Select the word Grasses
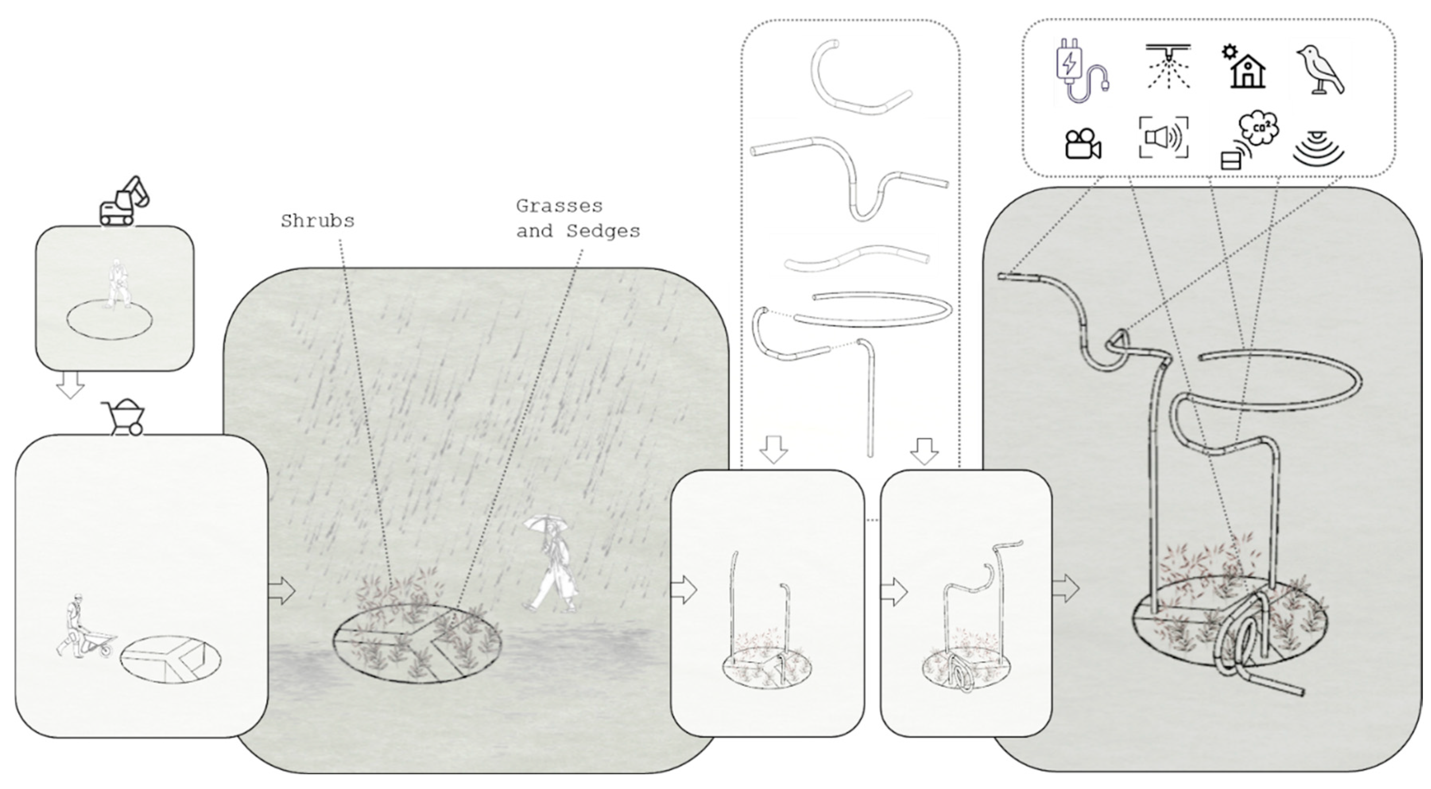559,206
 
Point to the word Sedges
603,231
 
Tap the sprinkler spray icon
1168,67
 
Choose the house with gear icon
1244,67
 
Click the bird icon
1321,70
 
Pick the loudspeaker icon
1164,137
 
